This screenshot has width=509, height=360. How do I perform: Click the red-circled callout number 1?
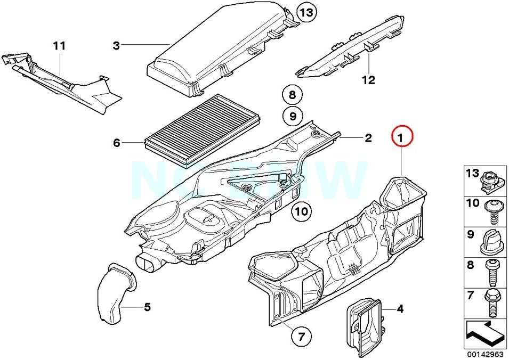pos(401,137)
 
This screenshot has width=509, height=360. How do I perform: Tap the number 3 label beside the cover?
pos(116,46)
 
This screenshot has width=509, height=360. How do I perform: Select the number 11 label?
pos(59,46)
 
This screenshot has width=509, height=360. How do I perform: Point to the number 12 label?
pos(368,80)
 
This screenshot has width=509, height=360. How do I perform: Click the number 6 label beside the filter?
pos(117,143)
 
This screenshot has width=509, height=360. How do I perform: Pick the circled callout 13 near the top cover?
pos(306,12)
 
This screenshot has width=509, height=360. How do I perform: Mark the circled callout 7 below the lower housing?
pos(301,336)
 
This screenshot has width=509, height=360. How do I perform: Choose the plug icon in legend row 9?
pos(489,240)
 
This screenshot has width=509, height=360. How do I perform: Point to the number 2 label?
pos(368,139)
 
